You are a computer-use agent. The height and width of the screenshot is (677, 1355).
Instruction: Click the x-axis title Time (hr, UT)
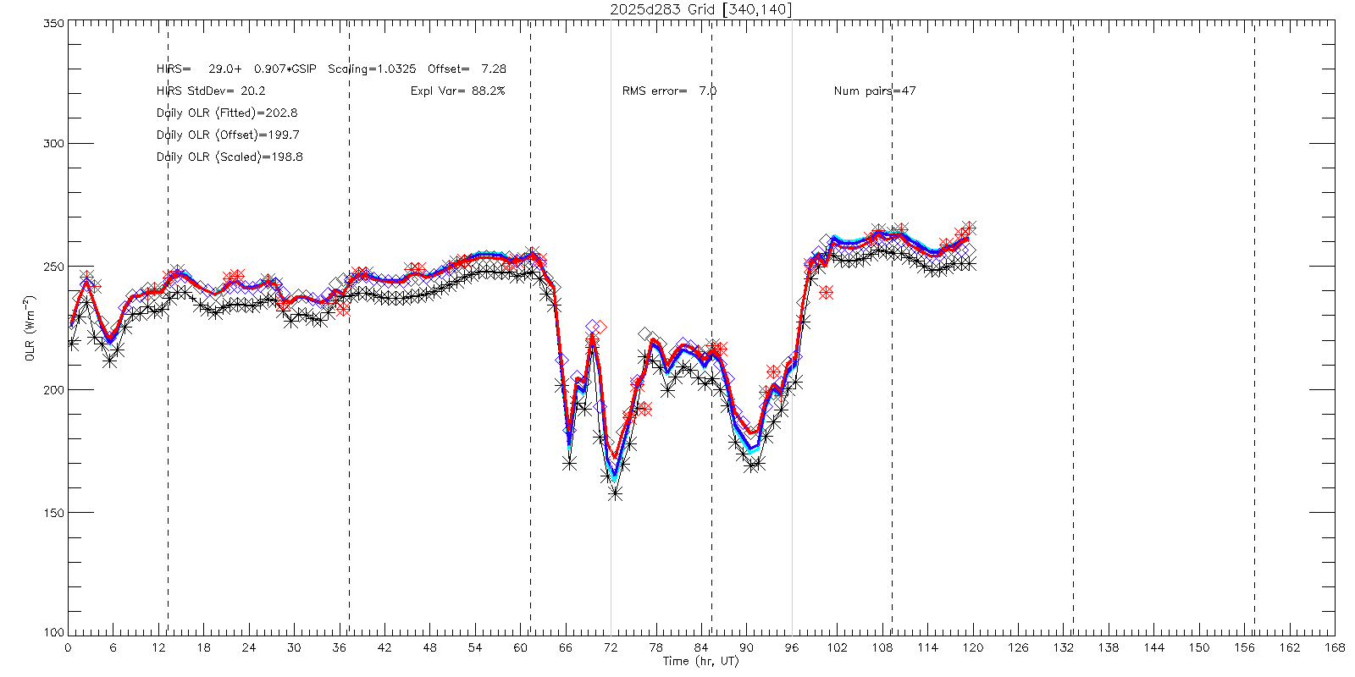point(700,661)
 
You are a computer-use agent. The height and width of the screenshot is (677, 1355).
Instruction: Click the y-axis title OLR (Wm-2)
point(30,328)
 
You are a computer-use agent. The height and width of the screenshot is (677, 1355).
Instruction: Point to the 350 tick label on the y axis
point(53,24)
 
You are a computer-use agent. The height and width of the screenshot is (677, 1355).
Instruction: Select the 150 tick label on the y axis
point(53,513)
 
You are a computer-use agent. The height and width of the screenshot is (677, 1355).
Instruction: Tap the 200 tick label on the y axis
point(53,390)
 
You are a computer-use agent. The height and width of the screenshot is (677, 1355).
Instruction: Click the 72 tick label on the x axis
point(611,647)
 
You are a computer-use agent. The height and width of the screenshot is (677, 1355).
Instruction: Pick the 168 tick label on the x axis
point(1335,647)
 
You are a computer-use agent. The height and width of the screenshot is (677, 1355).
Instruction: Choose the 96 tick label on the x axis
point(792,647)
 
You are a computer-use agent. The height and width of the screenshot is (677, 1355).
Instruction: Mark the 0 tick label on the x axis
point(68,647)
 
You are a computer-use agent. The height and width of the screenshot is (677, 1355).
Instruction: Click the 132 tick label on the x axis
point(1063,647)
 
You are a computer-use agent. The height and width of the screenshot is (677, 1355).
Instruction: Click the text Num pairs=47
point(875,91)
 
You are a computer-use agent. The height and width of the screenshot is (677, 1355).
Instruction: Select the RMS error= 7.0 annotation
point(669,91)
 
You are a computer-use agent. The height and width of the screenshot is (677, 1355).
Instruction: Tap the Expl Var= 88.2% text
point(457,91)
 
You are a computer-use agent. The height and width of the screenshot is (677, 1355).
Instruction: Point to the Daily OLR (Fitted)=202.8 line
point(227,113)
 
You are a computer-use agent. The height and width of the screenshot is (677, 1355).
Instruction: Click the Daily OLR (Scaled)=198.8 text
point(230,157)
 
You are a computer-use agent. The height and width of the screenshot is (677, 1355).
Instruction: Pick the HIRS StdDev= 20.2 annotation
point(211,91)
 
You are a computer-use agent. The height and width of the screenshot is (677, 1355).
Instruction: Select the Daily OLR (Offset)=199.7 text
point(228,135)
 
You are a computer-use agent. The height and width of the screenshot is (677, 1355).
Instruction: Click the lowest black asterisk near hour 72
point(616,493)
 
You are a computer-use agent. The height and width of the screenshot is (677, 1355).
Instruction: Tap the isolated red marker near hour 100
point(826,293)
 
